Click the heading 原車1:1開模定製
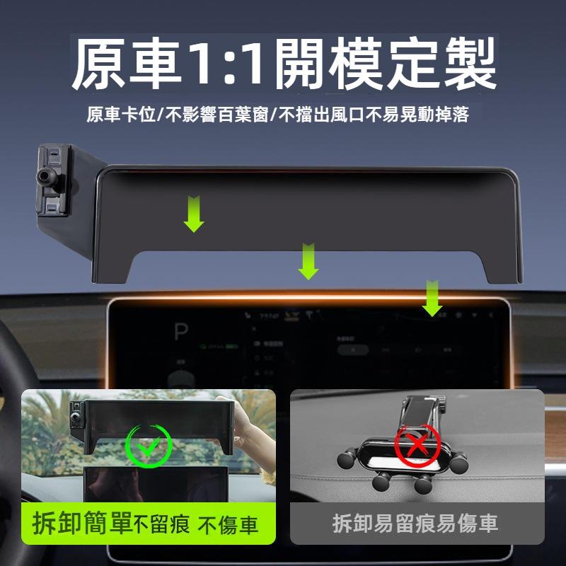284,66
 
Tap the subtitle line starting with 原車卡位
278,115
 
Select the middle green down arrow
308,261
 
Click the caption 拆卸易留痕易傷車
415,524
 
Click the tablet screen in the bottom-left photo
156,488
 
